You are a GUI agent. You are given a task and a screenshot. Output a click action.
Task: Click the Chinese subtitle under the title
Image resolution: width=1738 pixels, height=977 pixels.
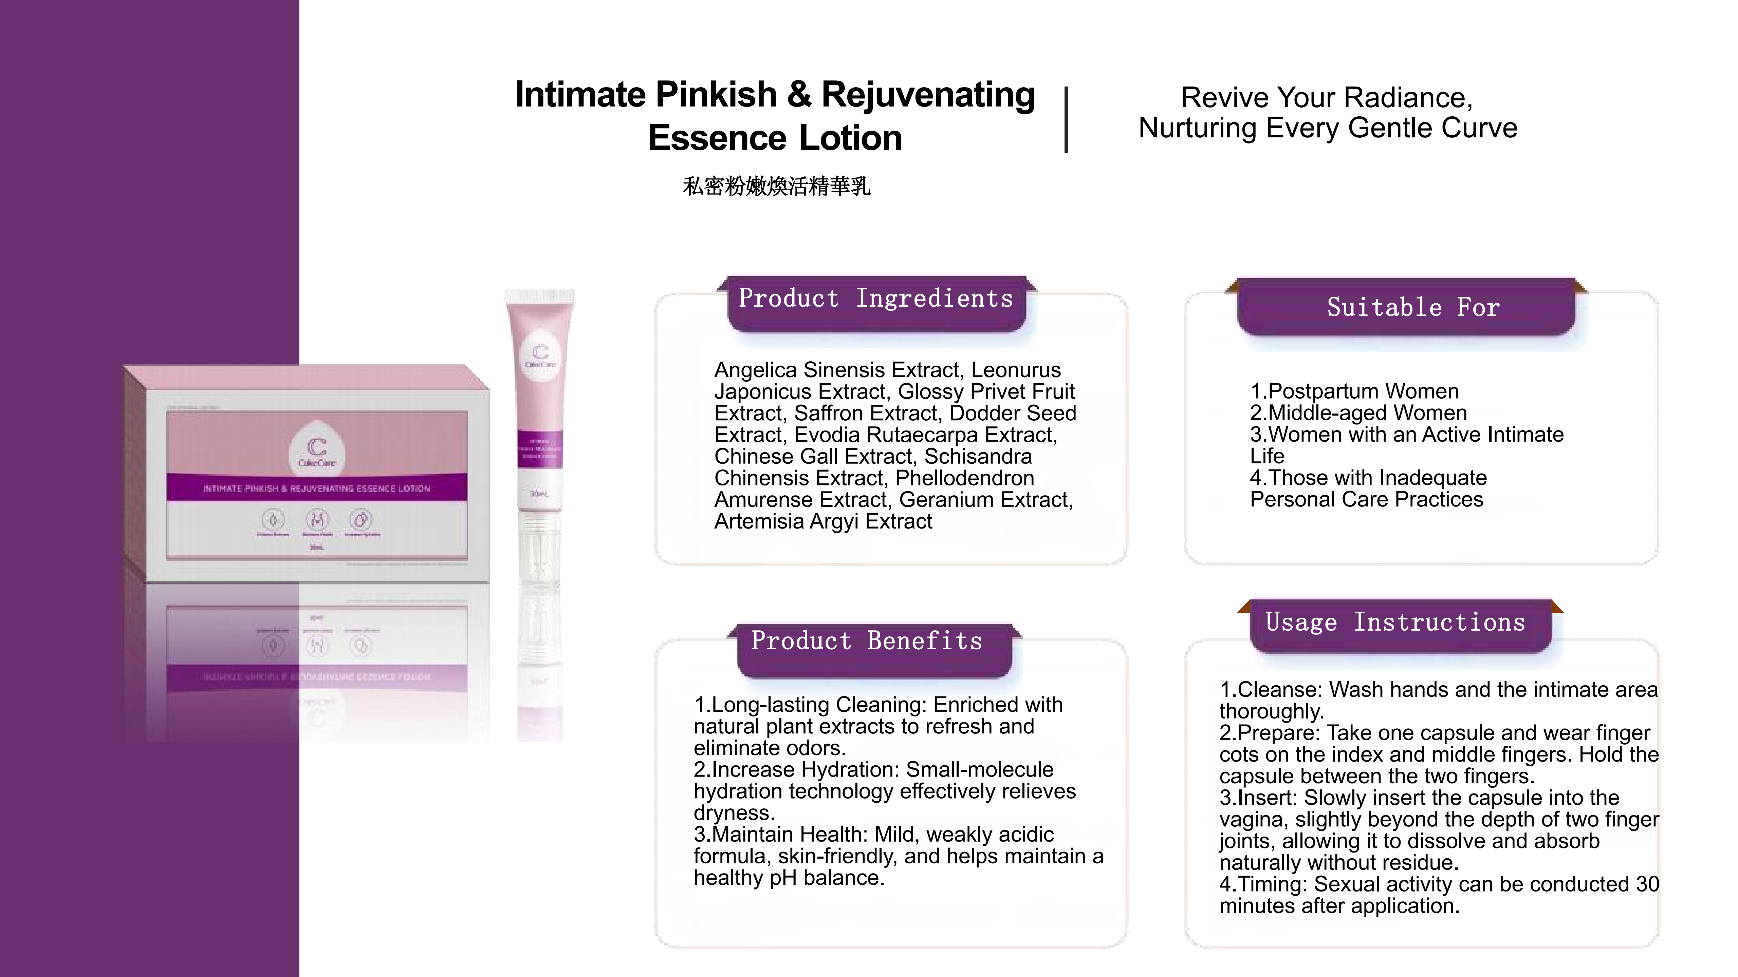coord(777,186)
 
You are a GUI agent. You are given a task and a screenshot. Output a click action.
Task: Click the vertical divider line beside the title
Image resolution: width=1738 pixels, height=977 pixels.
coord(1066,120)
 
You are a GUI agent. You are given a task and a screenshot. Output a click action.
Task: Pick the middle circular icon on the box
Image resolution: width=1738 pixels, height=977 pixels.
coord(317,520)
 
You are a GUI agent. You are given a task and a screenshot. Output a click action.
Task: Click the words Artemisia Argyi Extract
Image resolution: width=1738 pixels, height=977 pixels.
coord(823,521)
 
